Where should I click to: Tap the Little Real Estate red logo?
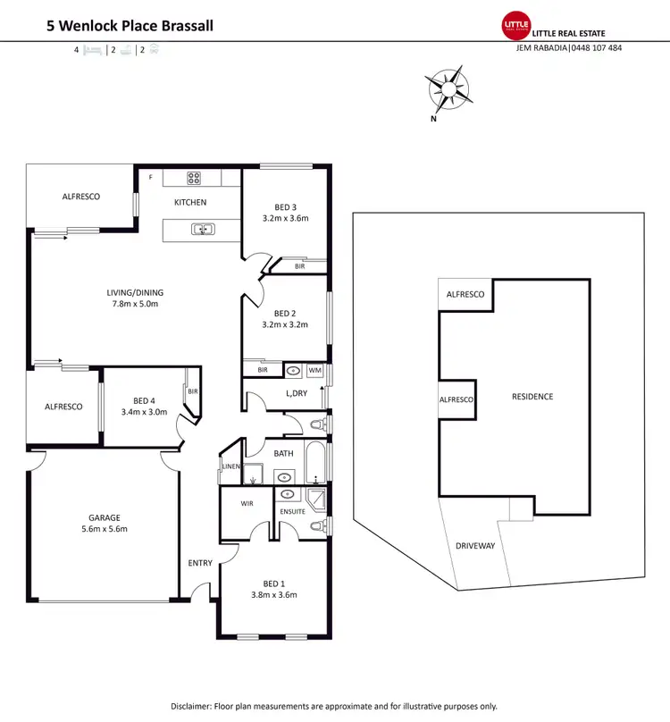[516, 26]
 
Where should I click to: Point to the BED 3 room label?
[285, 207]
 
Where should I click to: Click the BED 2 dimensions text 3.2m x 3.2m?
[285, 324]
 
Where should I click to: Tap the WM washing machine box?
[315, 370]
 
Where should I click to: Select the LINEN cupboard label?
[230, 466]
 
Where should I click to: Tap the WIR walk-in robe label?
[247, 504]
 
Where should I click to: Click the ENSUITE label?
[292, 511]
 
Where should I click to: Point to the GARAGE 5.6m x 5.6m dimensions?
[104, 529]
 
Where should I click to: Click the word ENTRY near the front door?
[200, 563]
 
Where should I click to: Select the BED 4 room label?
[145, 401]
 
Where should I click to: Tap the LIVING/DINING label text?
[136, 292]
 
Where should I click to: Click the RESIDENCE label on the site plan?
[532, 397]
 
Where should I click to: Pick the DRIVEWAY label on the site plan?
[475, 546]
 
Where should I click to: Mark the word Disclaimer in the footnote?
[196, 706]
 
